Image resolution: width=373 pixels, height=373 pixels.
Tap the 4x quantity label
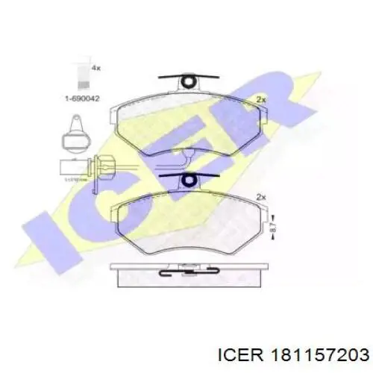(95, 68)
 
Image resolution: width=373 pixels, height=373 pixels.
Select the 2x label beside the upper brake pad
(261, 100)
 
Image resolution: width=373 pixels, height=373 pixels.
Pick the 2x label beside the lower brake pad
(261, 197)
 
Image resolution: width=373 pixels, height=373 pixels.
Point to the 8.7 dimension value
(274, 231)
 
